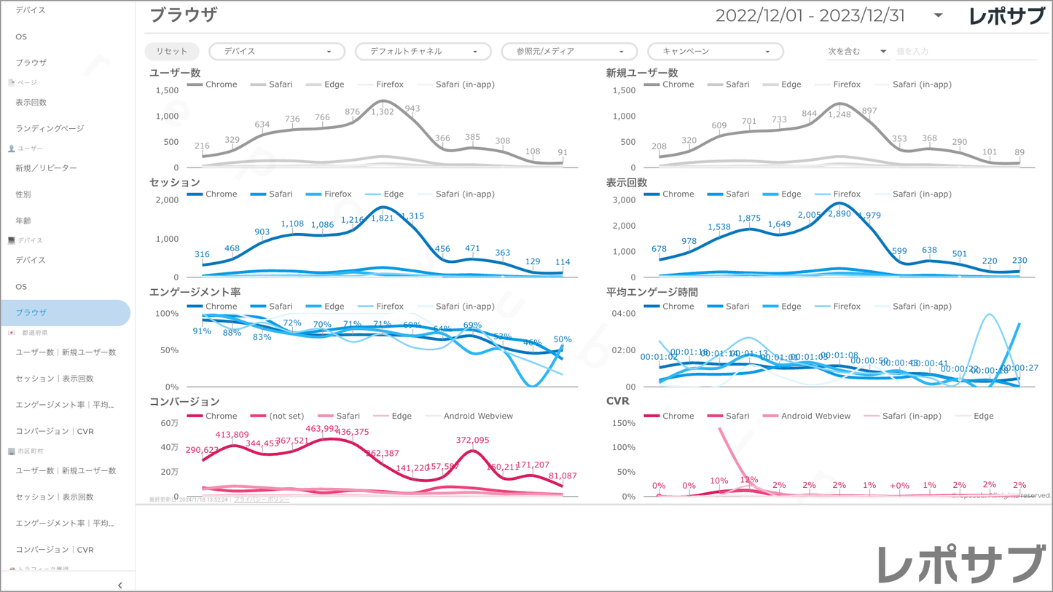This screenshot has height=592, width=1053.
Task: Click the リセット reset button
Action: click(171, 52)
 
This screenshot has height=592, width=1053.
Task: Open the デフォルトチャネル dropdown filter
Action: click(423, 52)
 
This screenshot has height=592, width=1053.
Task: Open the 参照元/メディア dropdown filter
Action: click(569, 52)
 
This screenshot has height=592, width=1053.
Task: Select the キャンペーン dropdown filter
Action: click(715, 52)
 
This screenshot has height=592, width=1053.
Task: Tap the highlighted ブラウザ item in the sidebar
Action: click(31, 312)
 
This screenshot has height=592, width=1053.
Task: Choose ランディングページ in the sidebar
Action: click(50, 128)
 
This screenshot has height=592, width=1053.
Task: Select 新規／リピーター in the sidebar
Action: click(46, 168)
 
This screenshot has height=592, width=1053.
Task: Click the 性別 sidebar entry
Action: click(23, 194)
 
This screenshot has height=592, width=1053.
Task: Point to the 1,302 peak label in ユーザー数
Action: click(383, 111)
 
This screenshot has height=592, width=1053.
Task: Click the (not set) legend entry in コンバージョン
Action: click(286, 417)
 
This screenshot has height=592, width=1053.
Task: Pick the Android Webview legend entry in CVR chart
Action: click(815, 417)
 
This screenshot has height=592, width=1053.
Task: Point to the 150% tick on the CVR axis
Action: click(624, 423)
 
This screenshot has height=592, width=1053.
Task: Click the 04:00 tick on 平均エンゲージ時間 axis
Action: click(625, 314)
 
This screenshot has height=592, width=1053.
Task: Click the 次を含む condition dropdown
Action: click(856, 52)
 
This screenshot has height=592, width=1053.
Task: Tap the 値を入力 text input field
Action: click(963, 52)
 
